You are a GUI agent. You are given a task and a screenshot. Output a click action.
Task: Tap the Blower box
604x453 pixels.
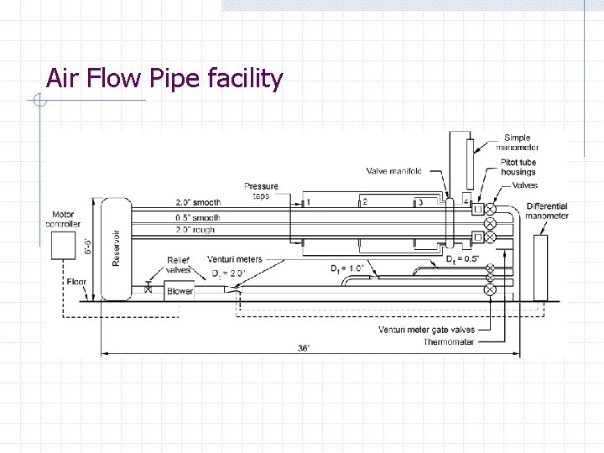tap(180, 291)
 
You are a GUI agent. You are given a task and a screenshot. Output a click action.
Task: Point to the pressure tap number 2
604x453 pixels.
tap(364, 202)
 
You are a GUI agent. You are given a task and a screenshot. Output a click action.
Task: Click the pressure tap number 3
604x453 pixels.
tap(420, 202)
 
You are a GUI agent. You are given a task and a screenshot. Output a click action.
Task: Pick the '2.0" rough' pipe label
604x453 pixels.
tap(195, 229)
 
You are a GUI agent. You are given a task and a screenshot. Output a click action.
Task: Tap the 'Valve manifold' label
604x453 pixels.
tap(394, 171)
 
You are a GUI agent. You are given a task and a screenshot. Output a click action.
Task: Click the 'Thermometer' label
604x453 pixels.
tap(449, 341)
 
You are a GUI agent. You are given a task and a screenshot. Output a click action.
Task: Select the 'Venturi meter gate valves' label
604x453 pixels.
tap(427, 330)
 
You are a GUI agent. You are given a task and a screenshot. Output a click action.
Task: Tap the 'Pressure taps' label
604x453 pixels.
tap(261, 191)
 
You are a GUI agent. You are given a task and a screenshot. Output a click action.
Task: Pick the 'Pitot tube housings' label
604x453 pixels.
tap(518, 167)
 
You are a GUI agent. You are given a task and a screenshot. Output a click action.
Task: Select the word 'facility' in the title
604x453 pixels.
tap(244, 79)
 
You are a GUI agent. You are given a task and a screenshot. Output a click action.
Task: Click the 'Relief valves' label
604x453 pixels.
tap(179, 265)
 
